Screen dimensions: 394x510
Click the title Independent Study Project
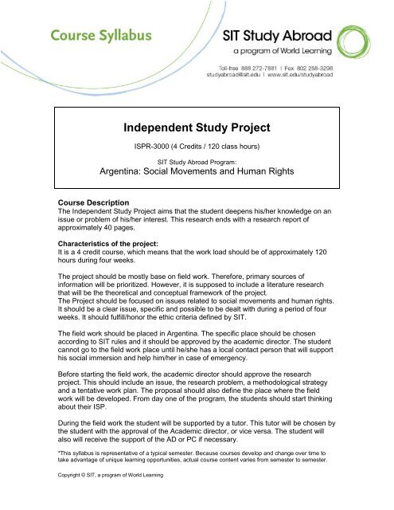197,126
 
